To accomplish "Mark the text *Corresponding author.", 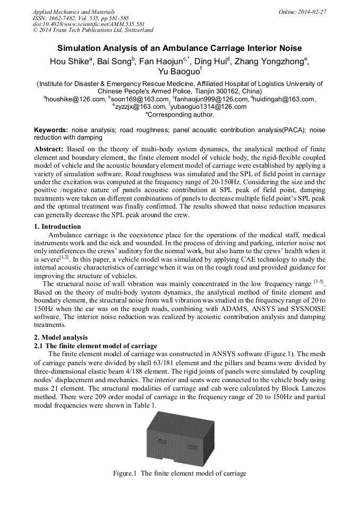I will tap(179, 114).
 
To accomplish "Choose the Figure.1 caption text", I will tap(179, 473).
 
